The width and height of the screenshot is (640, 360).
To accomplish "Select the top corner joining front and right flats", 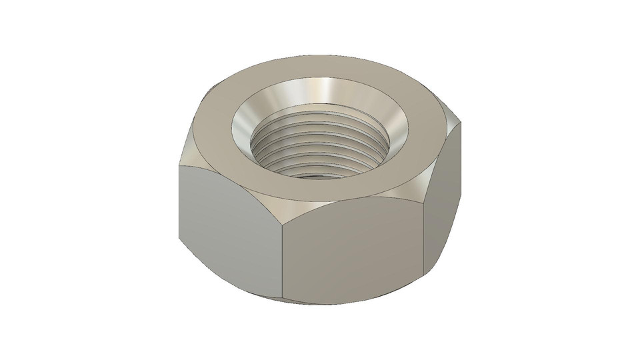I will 425,193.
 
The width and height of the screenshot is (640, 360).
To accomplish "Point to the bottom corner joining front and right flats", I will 425,275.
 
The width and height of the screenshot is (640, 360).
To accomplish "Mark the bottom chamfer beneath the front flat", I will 353,301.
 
